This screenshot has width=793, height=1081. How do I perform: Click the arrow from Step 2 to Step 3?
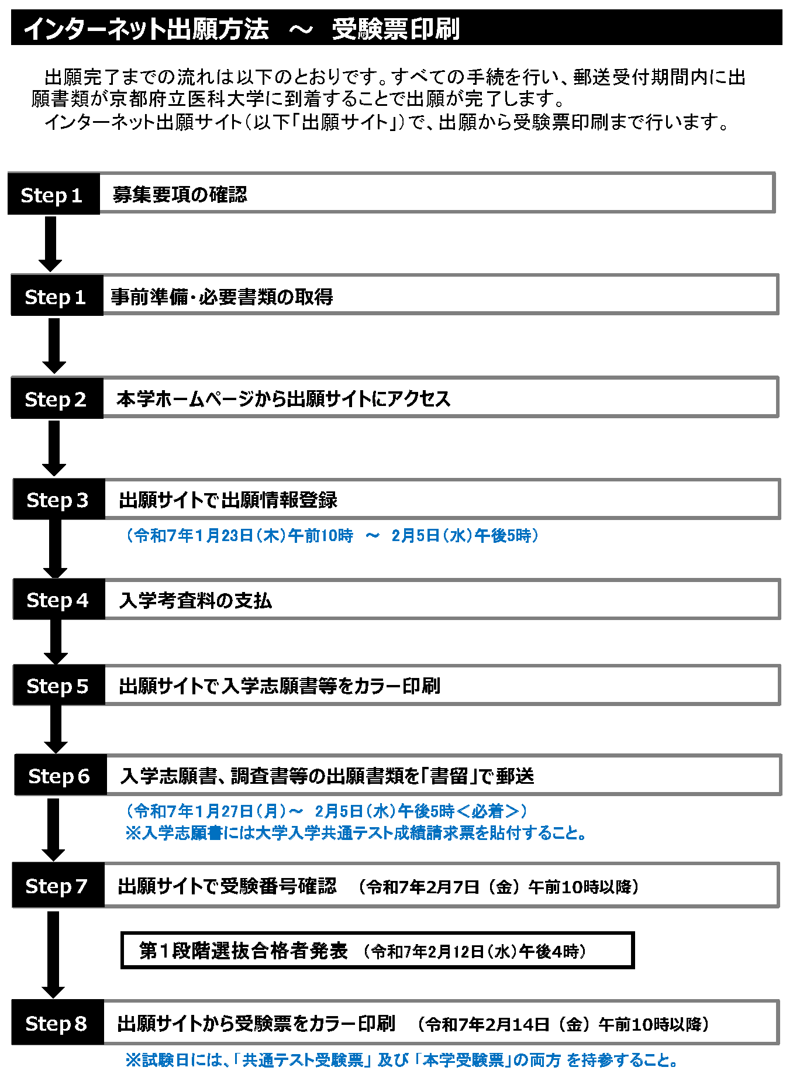[54, 448]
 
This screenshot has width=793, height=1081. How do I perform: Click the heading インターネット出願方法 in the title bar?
[146, 29]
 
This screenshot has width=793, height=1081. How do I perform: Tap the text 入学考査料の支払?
[195, 600]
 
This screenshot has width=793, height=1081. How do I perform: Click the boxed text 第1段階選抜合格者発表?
[243, 951]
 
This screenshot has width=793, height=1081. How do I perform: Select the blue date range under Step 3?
[332, 535]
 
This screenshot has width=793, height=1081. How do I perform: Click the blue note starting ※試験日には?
[402, 1060]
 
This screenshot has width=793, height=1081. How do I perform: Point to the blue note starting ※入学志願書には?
[356, 832]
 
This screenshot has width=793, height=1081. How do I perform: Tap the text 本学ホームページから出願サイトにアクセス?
[284, 398]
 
